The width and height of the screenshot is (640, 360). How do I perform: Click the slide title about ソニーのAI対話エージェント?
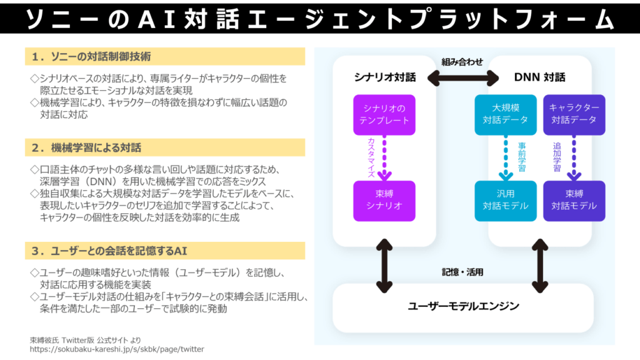tap(319, 19)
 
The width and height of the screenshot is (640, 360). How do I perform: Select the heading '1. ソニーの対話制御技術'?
tap(91, 57)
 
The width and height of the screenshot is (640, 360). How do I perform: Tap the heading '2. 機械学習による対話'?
tap(86, 147)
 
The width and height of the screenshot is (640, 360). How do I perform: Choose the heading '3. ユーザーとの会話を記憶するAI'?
tap(109, 251)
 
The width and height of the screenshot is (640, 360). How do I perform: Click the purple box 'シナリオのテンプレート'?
tap(384, 115)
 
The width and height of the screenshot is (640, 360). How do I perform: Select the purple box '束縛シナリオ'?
tap(384, 201)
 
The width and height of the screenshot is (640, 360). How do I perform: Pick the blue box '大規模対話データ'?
tap(505, 115)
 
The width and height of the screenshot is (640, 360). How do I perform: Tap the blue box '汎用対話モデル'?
tap(505, 201)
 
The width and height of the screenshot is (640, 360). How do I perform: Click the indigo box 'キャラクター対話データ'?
tap(574, 115)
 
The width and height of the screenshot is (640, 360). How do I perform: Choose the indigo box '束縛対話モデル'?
tap(574, 201)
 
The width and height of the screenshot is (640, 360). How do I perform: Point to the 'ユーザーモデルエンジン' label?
tap(463, 306)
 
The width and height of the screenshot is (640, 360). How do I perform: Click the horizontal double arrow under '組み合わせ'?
tap(463, 78)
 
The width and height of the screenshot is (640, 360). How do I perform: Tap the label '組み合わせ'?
tap(462, 62)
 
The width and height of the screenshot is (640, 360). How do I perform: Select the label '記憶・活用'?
tap(462, 272)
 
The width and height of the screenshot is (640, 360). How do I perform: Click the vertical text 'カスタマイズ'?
tap(371, 157)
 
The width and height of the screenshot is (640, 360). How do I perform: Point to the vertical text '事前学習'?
tap(522, 157)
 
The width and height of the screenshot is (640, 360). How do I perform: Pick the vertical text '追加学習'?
tap(557, 157)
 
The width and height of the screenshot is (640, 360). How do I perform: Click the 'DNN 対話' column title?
tap(539, 77)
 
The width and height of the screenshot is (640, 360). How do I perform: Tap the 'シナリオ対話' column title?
tap(385, 77)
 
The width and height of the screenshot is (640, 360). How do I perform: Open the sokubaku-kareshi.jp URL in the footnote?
tap(117, 349)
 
